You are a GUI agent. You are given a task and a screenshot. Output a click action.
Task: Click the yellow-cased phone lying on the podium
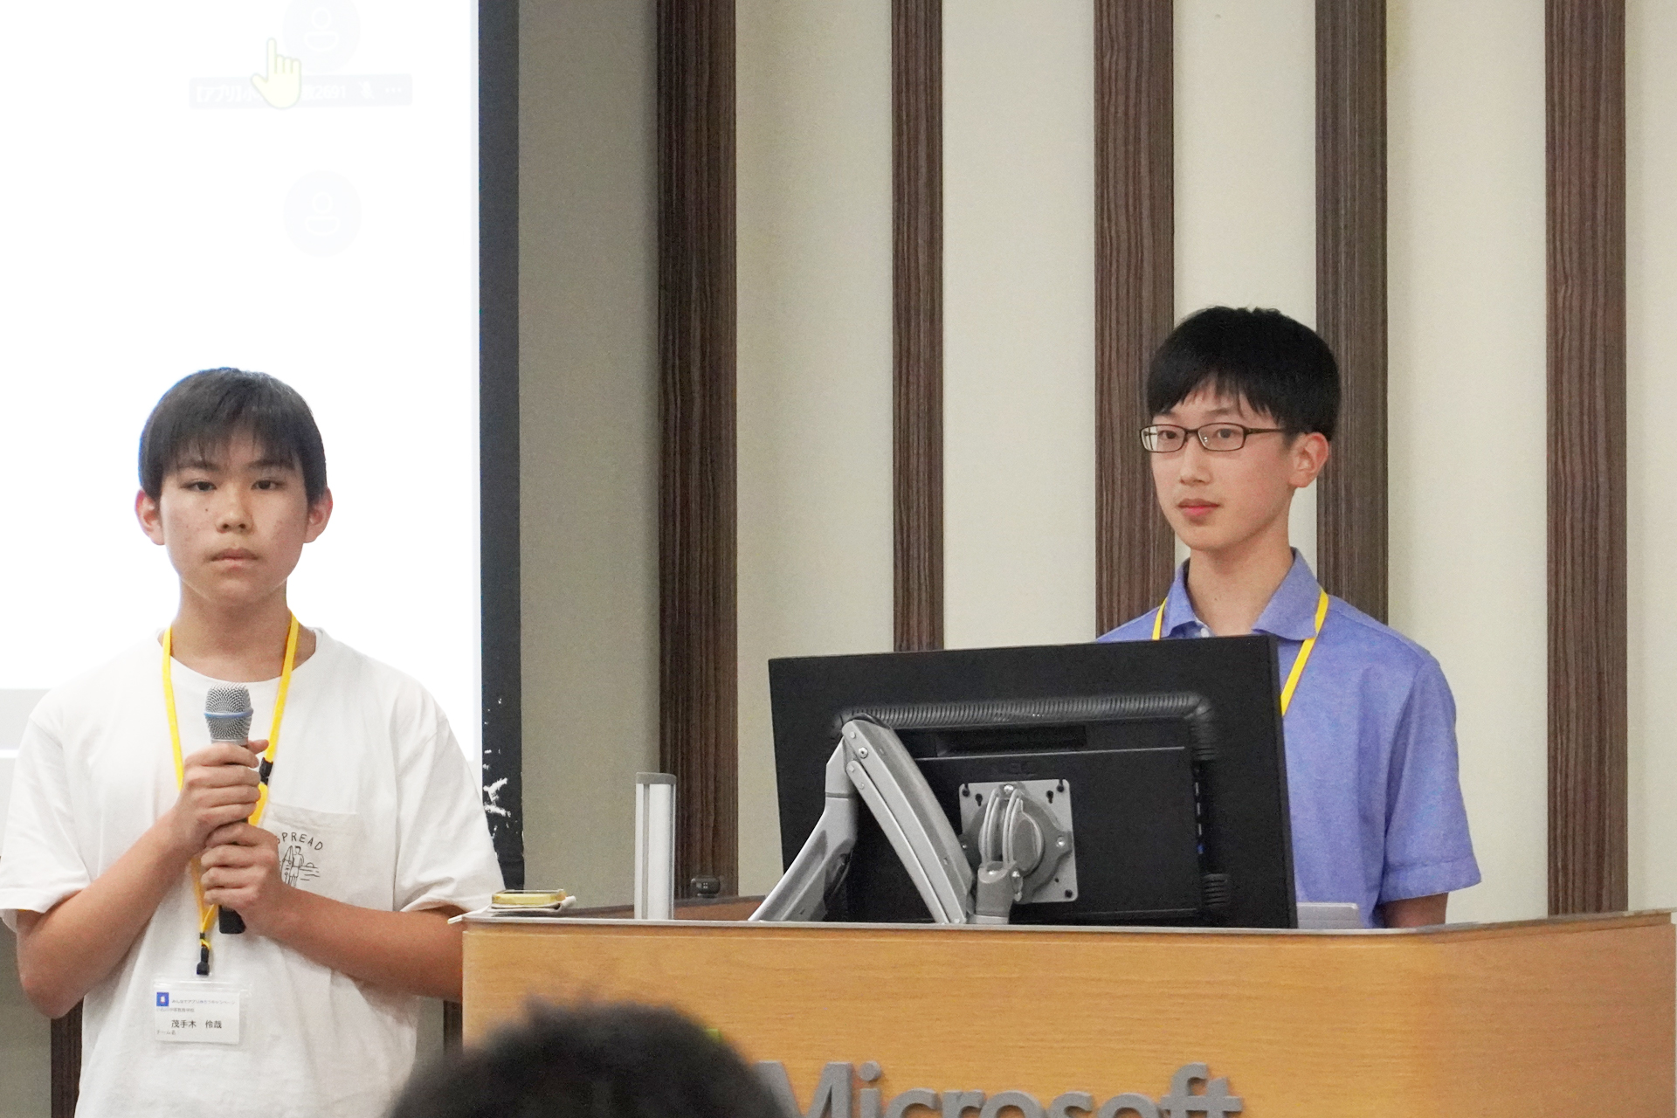tap(528, 897)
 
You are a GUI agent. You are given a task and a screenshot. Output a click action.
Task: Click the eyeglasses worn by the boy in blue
tap(1214, 437)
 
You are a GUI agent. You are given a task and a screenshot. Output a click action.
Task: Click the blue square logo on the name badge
tap(162, 997)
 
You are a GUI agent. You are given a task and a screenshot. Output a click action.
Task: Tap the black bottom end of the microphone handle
tap(231, 921)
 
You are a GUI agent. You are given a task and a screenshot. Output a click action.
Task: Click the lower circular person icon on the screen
tap(322, 213)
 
